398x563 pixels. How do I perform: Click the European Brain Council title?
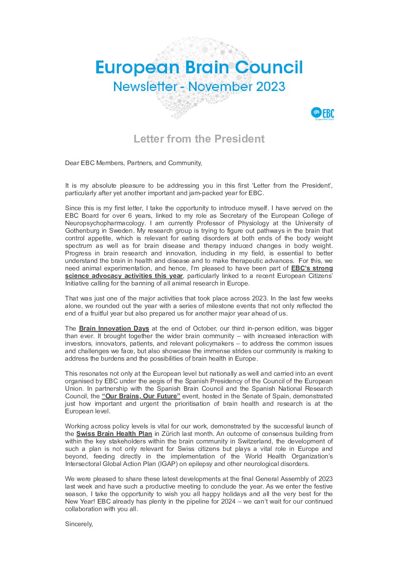199,68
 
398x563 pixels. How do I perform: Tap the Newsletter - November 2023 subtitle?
199,86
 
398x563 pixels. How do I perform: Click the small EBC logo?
323,114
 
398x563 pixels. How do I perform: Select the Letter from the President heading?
199,139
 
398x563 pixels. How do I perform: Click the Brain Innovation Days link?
114,328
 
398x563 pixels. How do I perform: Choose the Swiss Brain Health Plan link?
114,434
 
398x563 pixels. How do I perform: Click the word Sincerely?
79,524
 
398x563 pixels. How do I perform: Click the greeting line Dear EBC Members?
133,163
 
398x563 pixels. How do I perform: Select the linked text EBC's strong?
312,268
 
